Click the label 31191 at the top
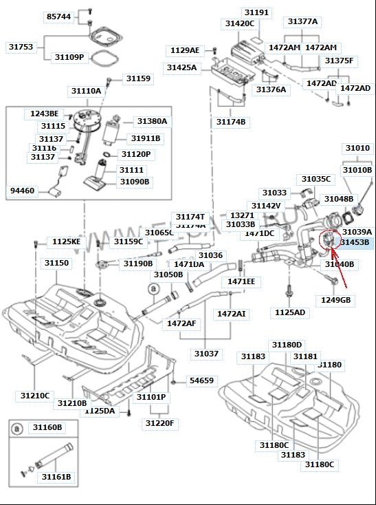point(256,12)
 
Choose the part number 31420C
point(239,23)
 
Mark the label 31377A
point(302,21)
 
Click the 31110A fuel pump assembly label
point(85,91)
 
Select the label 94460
point(22,190)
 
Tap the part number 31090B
point(135,182)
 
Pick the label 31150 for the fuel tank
point(56,263)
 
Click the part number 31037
point(206,354)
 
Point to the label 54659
point(201,380)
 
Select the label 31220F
point(159,423)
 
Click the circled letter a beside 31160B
point(16,428)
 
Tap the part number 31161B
point(56,476)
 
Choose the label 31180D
point(287,344)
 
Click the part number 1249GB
point(335,300)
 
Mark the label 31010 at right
point(357,148)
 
